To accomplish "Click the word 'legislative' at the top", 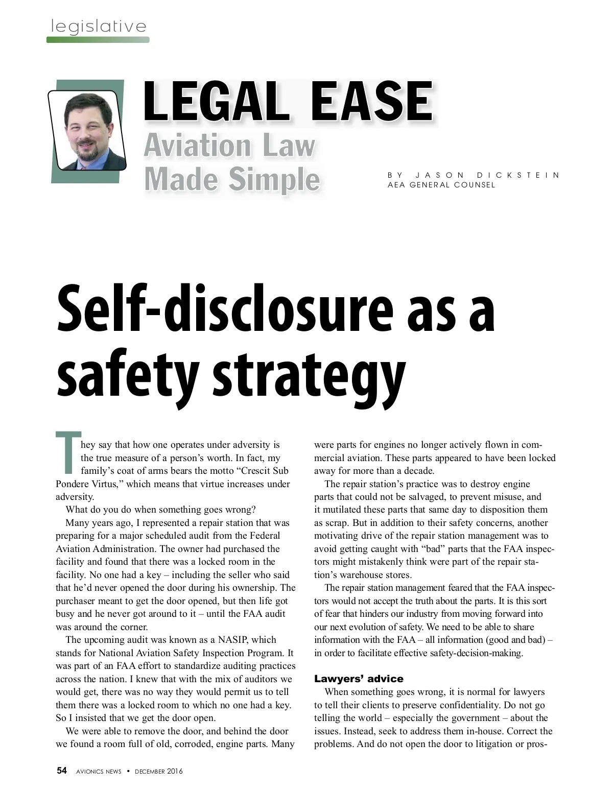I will click(x=99, y=26).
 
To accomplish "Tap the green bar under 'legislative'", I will click(x=98, y=39).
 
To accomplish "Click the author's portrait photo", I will click(x=86, y=130).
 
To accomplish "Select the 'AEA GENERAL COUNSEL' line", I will click(x=441, y=185).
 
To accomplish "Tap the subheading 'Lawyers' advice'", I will click(x=359, y=679).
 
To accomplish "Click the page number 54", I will click(x=62, y=771).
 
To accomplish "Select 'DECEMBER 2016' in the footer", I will click(x=158, y=771).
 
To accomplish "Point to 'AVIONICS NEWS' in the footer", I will click(x=99, y=771).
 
